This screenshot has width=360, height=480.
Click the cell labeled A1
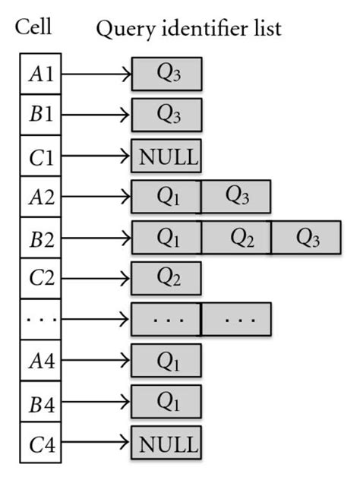[40, 74]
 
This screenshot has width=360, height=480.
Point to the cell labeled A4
[40, 361]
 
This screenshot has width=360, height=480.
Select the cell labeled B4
[40, 402]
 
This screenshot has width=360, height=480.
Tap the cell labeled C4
[40, 443]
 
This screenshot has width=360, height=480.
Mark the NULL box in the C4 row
[166, 443]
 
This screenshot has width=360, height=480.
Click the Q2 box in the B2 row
[236, 238]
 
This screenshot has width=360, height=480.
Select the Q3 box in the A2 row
[236, 197]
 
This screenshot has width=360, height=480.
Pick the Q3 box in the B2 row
[306, 238]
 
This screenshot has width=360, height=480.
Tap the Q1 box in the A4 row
[166, 361]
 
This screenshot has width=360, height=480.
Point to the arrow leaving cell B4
[96, 402]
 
